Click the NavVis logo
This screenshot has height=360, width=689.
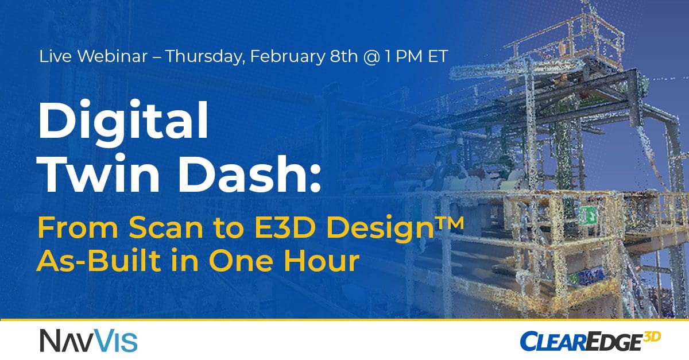click(88, 340)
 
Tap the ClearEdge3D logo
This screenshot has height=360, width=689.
click(590, 341)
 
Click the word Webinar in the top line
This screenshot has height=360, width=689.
click(113, 56)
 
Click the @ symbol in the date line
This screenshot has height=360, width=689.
click(371, 57)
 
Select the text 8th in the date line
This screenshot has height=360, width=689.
click(344, 56)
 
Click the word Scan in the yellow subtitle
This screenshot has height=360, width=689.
click(166, 228)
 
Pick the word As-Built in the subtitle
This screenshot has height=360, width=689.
click(98, 261)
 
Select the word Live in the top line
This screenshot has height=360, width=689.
click(55, 56)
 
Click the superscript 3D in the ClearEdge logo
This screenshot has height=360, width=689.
click(652, 337)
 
